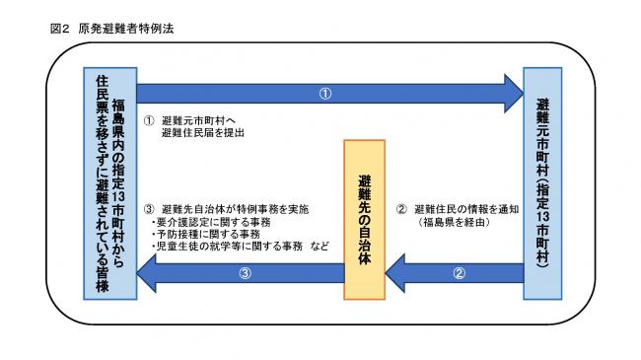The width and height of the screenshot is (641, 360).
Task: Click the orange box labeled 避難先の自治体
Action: click(x=364, y=219)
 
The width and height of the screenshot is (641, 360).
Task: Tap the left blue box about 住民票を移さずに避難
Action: click(x=107, y=183)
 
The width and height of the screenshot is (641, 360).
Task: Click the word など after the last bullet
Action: click(x=317, y=249)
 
